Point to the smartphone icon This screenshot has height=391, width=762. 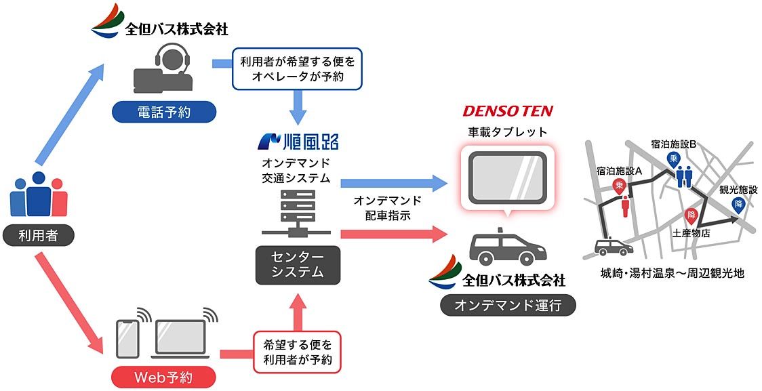(127, 336)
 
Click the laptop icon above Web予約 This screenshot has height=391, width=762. (180, 337)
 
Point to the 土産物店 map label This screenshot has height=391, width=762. (691, 232)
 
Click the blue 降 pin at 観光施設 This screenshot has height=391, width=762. (738, 203)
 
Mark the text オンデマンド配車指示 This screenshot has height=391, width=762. (387, 207)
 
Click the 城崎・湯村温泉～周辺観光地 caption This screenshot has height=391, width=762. (672, 274)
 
